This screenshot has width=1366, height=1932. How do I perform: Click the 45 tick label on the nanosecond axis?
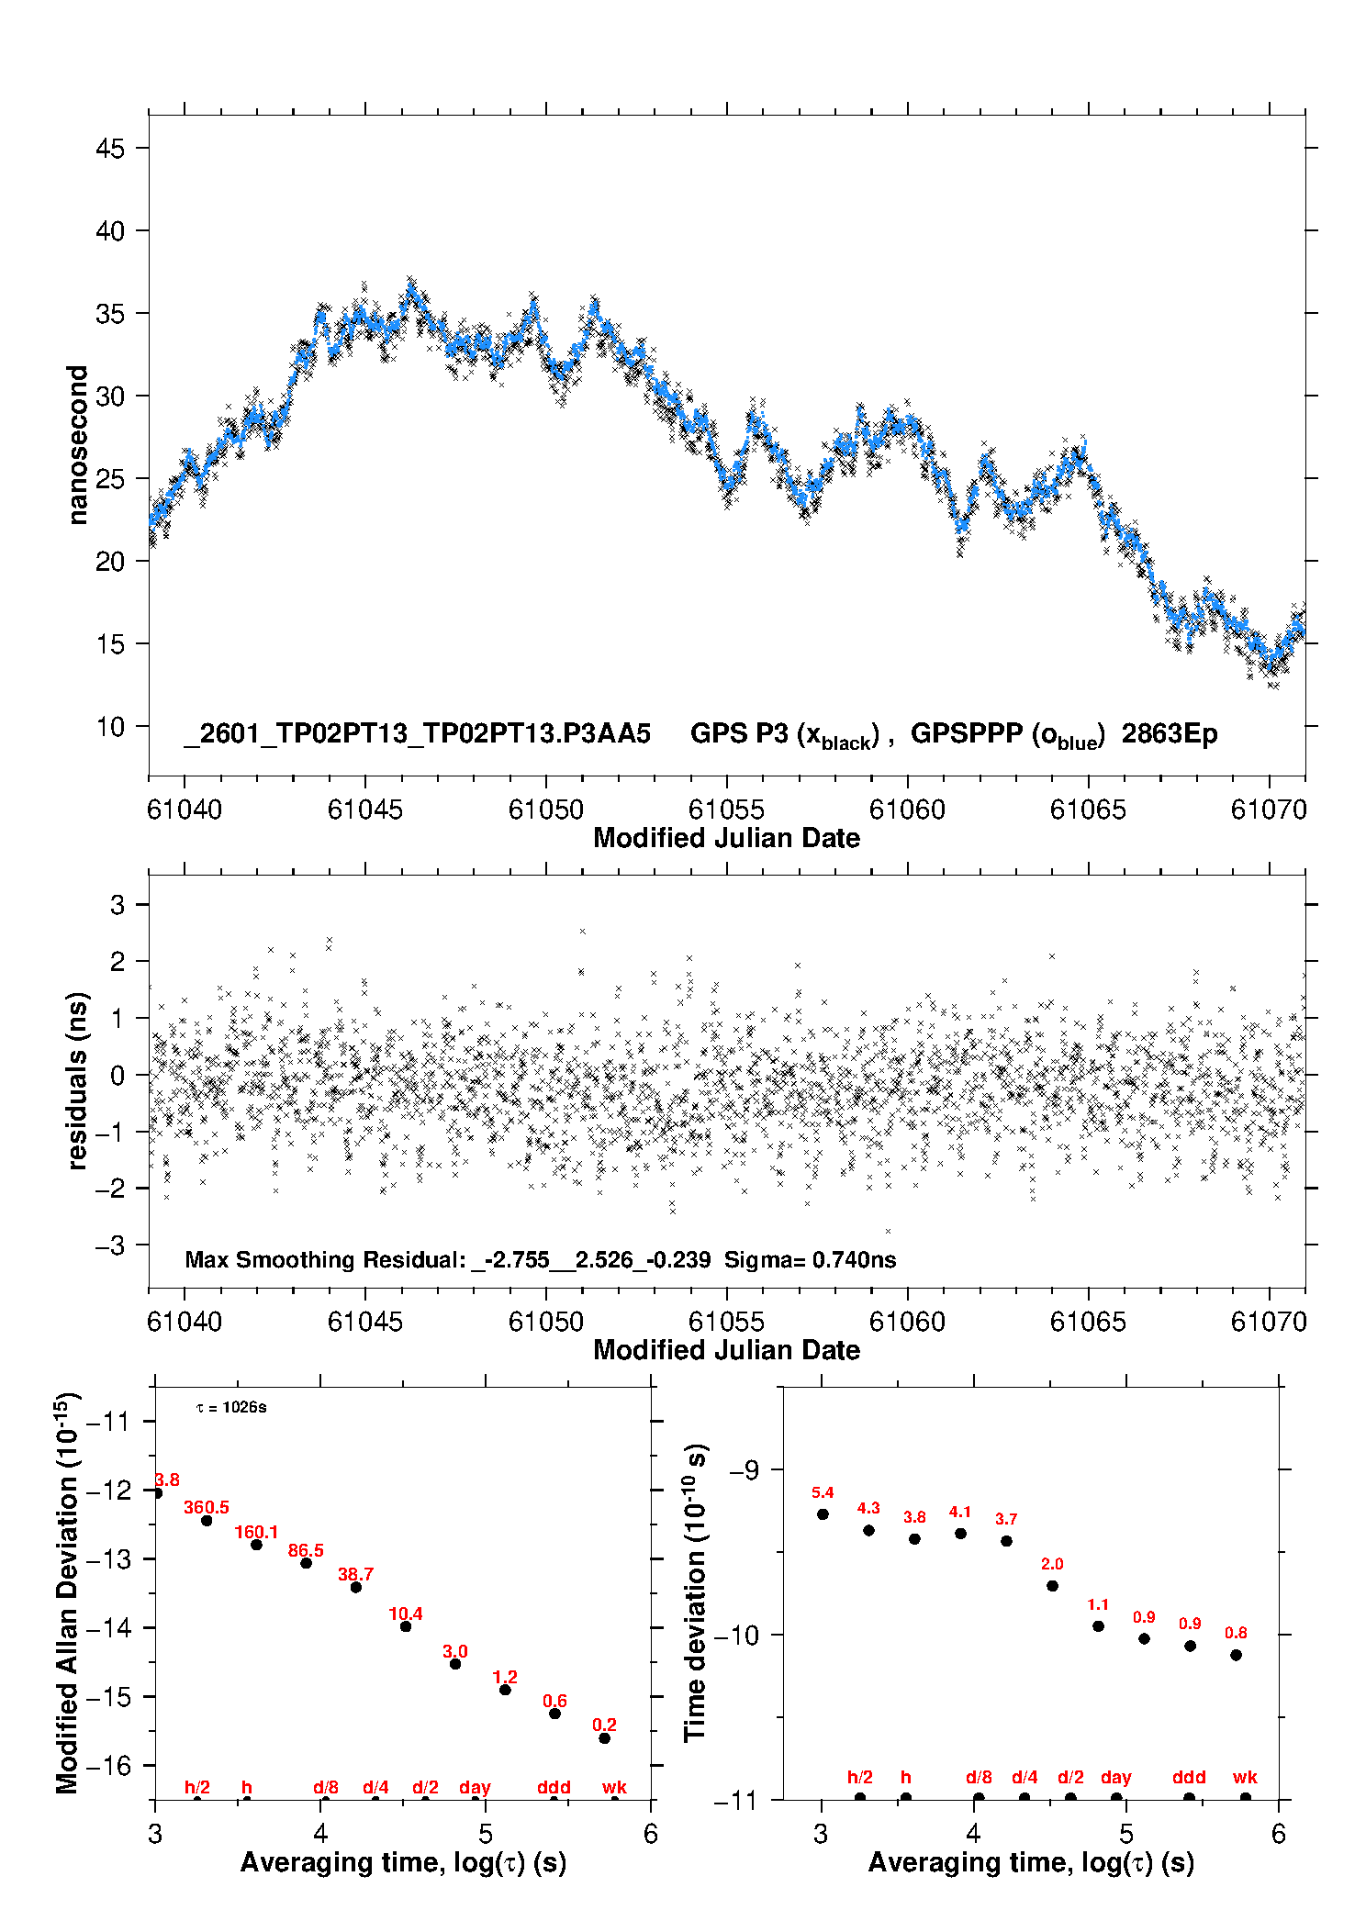(109, 149)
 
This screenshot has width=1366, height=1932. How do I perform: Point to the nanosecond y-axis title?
(78, 445)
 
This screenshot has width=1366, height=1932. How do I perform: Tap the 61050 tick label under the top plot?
(545, 810)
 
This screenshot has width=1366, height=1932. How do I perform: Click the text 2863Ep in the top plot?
(1169, 734)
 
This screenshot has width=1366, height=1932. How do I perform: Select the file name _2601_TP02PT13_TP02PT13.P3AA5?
(417, 734)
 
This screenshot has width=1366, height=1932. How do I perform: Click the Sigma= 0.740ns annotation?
(810, 1260)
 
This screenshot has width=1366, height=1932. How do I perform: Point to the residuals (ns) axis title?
(78, 1080)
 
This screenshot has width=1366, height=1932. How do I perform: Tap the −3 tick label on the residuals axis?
(109, 1245)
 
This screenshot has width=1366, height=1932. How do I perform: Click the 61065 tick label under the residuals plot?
(1087, 1322)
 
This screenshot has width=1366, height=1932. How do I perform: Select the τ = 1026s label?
(231, 1408)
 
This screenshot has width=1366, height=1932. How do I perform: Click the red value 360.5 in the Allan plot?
(207, 1508)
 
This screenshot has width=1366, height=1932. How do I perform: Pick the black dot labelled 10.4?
(406, 1626)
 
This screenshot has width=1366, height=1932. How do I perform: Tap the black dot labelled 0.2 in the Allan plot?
(604, 1738)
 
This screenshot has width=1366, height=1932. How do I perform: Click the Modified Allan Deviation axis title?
(67, 1593)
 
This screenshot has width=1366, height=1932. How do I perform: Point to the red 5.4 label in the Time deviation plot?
(823, 1493)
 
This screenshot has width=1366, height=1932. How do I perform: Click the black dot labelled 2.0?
(1052, 1586)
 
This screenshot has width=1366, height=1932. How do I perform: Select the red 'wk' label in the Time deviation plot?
(1245, 1778)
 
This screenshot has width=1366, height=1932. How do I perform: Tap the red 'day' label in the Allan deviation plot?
(475, 1788)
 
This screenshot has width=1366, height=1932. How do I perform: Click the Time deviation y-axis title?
(695, 1593)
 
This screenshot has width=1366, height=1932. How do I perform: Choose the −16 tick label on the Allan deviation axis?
(108, 1766)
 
